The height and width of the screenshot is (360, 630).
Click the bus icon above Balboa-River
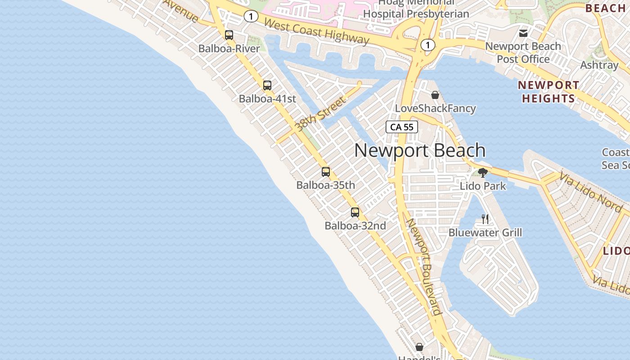click(x=229, y=35)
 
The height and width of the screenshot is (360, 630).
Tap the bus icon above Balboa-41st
click(x=267, y=85)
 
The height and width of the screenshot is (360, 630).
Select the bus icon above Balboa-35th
click(x=326, y=171)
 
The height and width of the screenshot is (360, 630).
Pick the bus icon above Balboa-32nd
click(x=355, y=212)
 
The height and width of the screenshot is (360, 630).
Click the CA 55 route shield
click(x=402, y=127)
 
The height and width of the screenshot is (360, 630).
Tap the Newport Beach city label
click(x=420, y=150)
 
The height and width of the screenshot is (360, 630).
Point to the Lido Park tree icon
click(x=483, y=172)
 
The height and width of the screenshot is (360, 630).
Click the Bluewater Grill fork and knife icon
click(x=485, y=219)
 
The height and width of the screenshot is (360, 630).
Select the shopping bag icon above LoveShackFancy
click(x=435, y=95)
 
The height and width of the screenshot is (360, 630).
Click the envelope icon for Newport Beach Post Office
click(x=523, y=33)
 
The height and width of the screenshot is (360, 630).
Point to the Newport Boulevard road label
click(x=424, y=265)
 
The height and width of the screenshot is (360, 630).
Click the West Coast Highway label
click(x=317, y=31)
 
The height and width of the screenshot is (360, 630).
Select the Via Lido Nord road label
click(x=591, y=191)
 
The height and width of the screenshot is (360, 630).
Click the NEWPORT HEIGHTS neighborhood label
click(x=548, y=92)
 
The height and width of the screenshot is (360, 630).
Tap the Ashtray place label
click(x=599, y=65)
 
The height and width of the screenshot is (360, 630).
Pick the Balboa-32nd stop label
click(x=355, y=225)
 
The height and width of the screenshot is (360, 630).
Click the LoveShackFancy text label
click(x=435, y=108)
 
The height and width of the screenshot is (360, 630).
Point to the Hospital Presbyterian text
click(x=416, y=14)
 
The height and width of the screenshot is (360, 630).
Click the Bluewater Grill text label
click(x=485, y=233)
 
